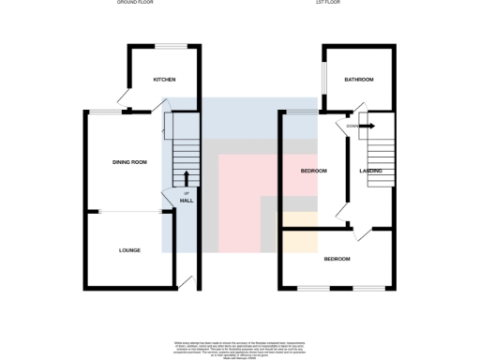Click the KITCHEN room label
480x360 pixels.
tap(164, 80)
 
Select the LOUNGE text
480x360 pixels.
tap(130, 250)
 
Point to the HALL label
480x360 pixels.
tap(187, 201)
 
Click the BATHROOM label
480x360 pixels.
tap(358, 80)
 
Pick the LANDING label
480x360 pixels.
tap(370, 171)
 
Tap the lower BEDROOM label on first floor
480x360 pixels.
tap(337, 259)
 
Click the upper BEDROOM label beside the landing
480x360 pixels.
tap(313, 171)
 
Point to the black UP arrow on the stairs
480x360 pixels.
tap(187, 179)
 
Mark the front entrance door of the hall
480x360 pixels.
tap(187, 281)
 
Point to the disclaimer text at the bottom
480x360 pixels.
tap(239, 348)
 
